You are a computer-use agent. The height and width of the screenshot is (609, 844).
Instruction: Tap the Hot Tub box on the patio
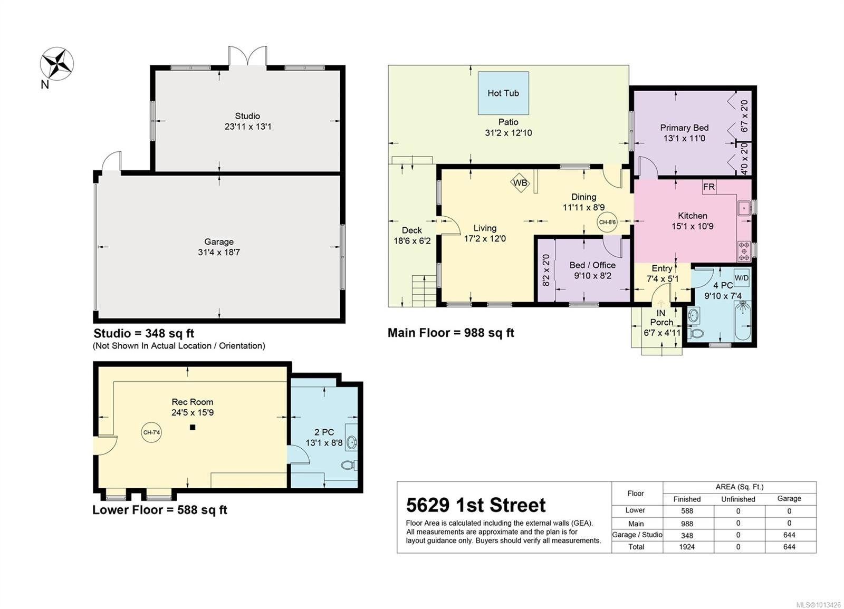pyautogui.click(x=503, y=93)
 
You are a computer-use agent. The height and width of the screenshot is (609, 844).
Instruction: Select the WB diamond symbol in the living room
pyautogui.click(x=520, y=183)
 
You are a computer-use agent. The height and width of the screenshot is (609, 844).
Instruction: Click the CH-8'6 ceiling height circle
pyautogui.click(x=607, y=223)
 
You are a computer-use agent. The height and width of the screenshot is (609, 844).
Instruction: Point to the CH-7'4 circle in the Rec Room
pyautogui.click(x=151, y=432)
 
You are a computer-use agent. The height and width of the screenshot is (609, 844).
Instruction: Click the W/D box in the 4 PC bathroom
pyautogui.click(x=741, y=278)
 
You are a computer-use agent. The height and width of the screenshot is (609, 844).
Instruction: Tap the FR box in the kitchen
pyautogui.click(x=709, y=187)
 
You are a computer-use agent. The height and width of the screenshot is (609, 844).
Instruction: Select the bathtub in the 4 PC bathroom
pyautogui.click(x=743, y=321)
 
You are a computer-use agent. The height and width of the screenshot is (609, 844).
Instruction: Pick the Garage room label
pyautogui.click(x=219, y=241)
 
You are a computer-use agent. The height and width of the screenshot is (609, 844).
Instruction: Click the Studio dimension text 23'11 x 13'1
pyautogui.click(x=247, y=127)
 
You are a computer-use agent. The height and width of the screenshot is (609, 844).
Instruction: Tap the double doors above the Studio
pyautogui.click(x=247, y=56)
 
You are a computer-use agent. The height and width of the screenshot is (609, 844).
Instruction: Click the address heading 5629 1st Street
pyautogui.click(x=476, y=505)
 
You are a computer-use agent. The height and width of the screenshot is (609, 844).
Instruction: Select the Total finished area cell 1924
pyautogui.click(x=687, y=547)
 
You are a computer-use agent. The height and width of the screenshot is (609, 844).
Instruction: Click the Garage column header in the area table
pyautogui.click(x=789, y=498)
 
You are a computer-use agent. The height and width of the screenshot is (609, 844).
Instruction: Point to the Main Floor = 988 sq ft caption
pyautogui.click(x=450, y=333)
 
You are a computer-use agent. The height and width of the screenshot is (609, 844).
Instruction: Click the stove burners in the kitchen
pyautogui.click(x=744, y=251)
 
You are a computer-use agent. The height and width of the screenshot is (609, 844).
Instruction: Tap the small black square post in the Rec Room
pyautogui.click(x=193, y=427)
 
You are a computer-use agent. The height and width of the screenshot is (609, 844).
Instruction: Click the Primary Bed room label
pyautogui.click(x=684, y=128)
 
